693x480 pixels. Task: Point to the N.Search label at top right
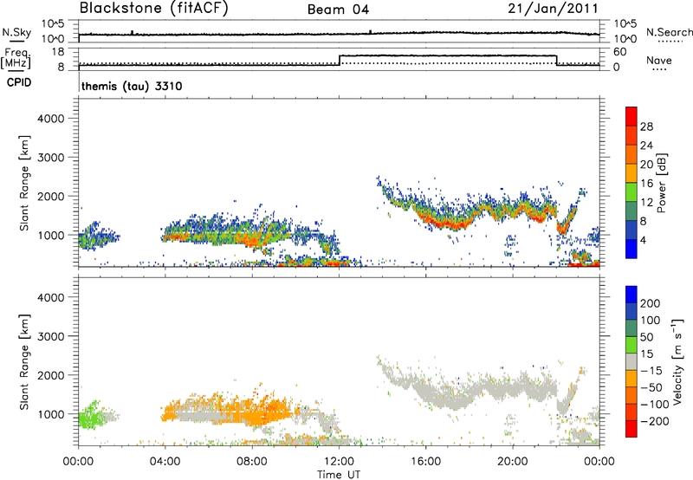tap(670, 31)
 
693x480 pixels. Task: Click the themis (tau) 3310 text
tap(131, 87)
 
